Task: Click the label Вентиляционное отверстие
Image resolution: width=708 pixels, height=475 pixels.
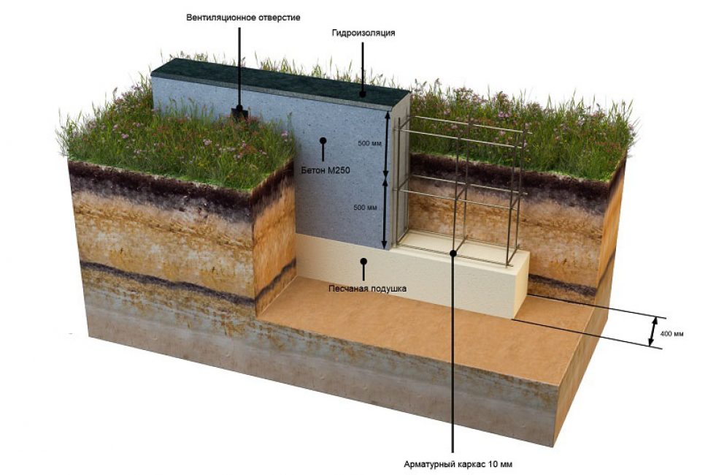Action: click(x=243, y=18)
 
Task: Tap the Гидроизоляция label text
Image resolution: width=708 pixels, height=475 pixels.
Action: click(x=363, y=33)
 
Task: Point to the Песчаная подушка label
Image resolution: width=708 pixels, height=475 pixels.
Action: click(x=368, y=289)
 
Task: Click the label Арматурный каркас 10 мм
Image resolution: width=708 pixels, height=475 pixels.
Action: click(x=458, y=464)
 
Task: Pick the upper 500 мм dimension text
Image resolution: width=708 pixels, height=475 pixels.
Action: click(x=369, y=144)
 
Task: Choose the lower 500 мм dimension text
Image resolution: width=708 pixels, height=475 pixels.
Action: click(x=365, y=208)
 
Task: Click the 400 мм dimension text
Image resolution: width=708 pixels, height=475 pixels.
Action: click(x=672, y=334)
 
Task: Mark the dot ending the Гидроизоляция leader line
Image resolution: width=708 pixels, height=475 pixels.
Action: click(x=362, y=94)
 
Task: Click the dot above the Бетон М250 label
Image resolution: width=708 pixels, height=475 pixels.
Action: click(x=323, y=140)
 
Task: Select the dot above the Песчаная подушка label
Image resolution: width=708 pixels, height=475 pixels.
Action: click(x=363, y=261)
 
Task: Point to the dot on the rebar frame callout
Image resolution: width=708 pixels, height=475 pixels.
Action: click(x=453, y=253)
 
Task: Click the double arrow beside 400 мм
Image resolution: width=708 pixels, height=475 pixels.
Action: click(x=653, y=331)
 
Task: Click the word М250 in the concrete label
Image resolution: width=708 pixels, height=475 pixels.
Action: click(x=336, y=171)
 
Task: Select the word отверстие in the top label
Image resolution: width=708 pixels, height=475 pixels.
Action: click(x=280, y=18)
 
